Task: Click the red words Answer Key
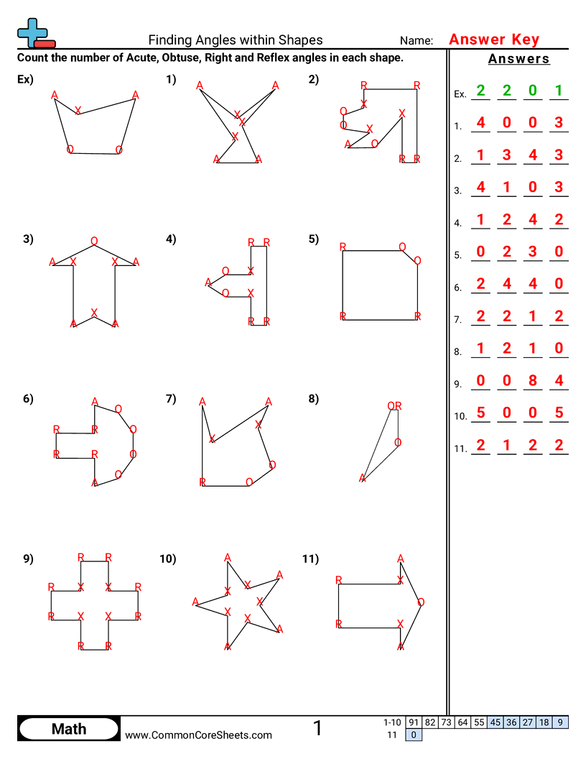click(x=493, y=40)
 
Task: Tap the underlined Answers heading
click(x=518, y=59)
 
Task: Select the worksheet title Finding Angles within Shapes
click(x=236, y=40)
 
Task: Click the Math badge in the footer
click(x=69, y=729)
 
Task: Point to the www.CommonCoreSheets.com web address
click(x=199, y=735)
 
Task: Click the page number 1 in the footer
click(x=317, y=728)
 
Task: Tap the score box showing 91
click(x=414, y=722)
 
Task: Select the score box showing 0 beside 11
click(x=414, y=735)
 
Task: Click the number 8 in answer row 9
click(x=533, y=381)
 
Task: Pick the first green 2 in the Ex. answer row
click(x=480, y=91)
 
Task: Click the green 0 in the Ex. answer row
click(x=533, y=91)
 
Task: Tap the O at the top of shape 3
click(x=94, y=241)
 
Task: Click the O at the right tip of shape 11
click(x=421, y=602)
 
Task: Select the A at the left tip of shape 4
click(x=208, y=282)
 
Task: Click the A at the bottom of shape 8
click(x=363, y=478)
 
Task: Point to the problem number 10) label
click(x=168, y=558)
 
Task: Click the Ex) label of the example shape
click(x=25, y=80)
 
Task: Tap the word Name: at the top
click(x=417, y=41)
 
